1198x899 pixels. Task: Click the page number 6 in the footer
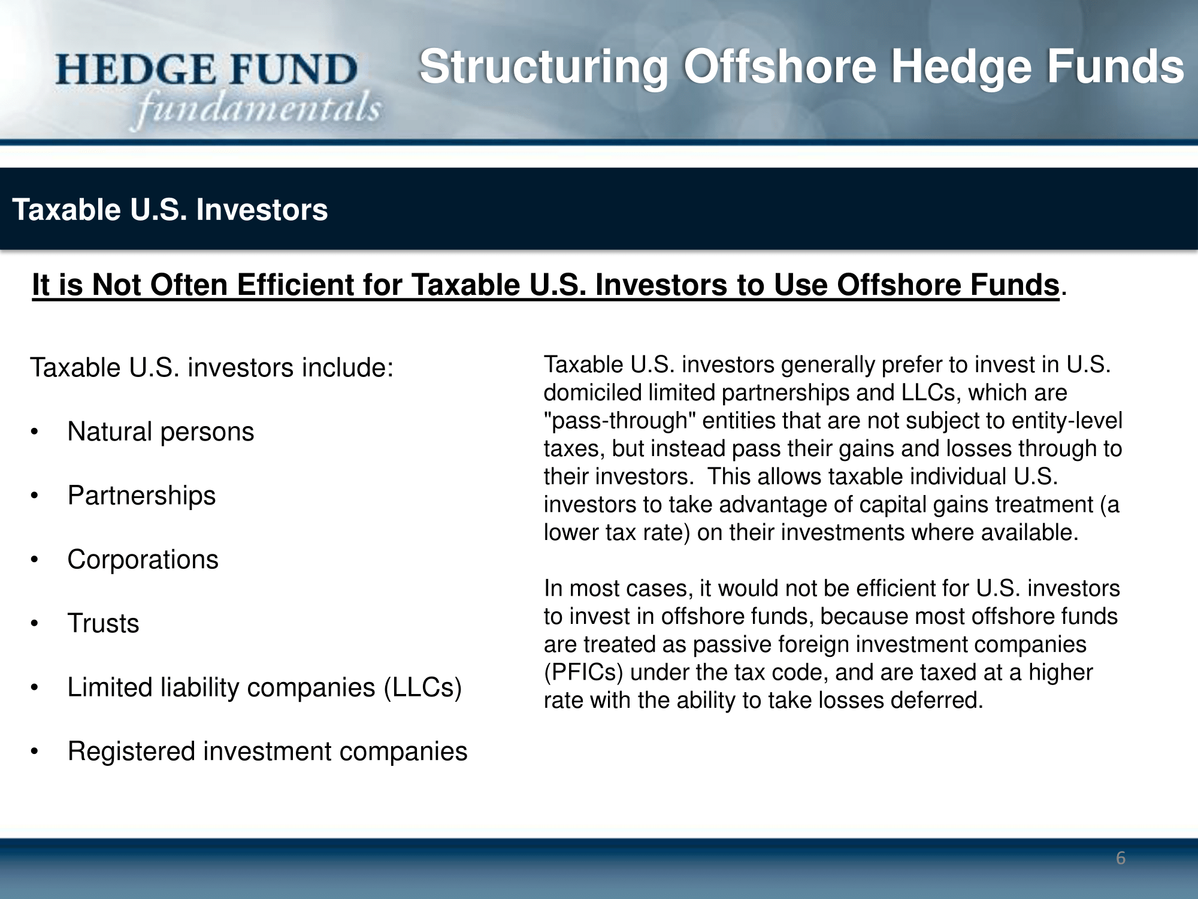(1121, 858)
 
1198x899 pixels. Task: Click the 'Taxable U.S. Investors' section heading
(170, 210)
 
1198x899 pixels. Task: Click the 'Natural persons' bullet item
(161, 432)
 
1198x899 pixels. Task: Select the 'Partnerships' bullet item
(141, 496)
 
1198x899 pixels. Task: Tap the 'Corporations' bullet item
(143, 560)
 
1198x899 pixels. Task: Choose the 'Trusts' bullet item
(103, 623)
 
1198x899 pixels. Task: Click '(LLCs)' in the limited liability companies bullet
(423, 687)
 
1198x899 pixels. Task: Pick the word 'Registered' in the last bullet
(132, 752)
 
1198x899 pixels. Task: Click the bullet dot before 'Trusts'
(35, 624)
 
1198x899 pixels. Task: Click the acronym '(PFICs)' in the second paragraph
(584, 672)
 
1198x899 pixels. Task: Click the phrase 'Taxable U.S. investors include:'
(212, 367)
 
